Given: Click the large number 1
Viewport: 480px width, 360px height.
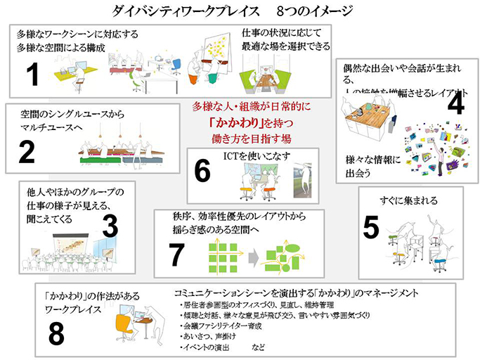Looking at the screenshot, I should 32,74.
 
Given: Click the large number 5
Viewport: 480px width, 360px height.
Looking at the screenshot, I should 372,227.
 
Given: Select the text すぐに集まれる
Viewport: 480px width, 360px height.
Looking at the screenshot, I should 407,200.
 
